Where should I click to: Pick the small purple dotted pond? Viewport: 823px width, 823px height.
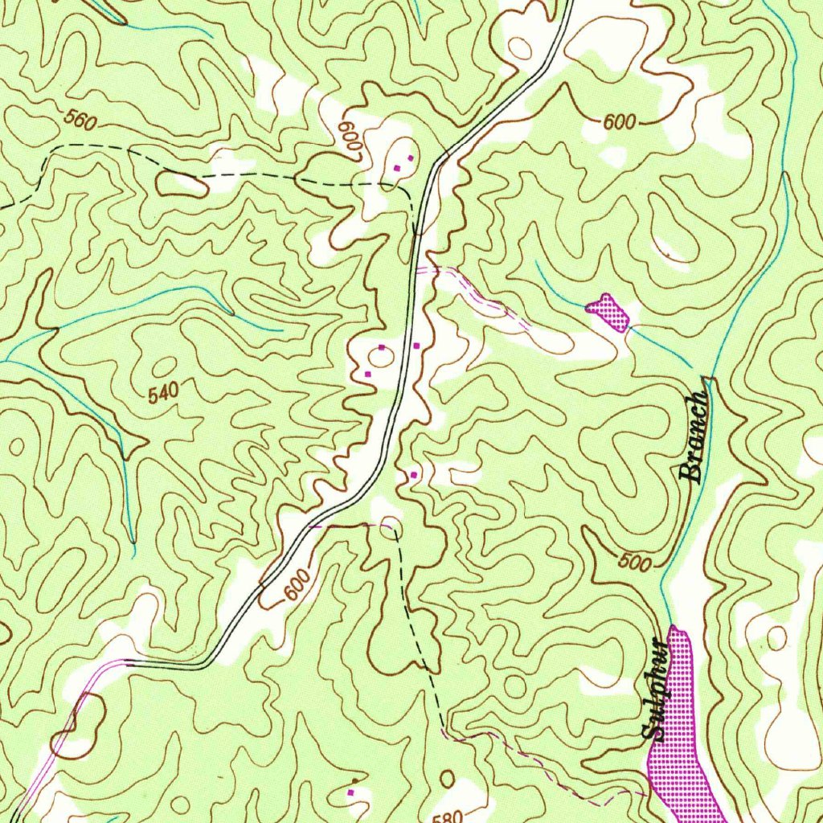tap(609, 312)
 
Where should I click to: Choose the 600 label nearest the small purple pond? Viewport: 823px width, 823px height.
tap(619, 121)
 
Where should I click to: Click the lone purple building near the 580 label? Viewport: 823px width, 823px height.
tap(350, 792)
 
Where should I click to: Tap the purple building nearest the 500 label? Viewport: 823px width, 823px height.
tap(414, 475)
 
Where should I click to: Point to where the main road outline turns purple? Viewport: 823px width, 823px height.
tap(127, 661)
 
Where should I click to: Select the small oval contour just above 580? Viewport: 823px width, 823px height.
tap(447, 778)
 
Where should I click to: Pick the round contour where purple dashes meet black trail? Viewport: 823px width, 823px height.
tap(390, 525)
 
